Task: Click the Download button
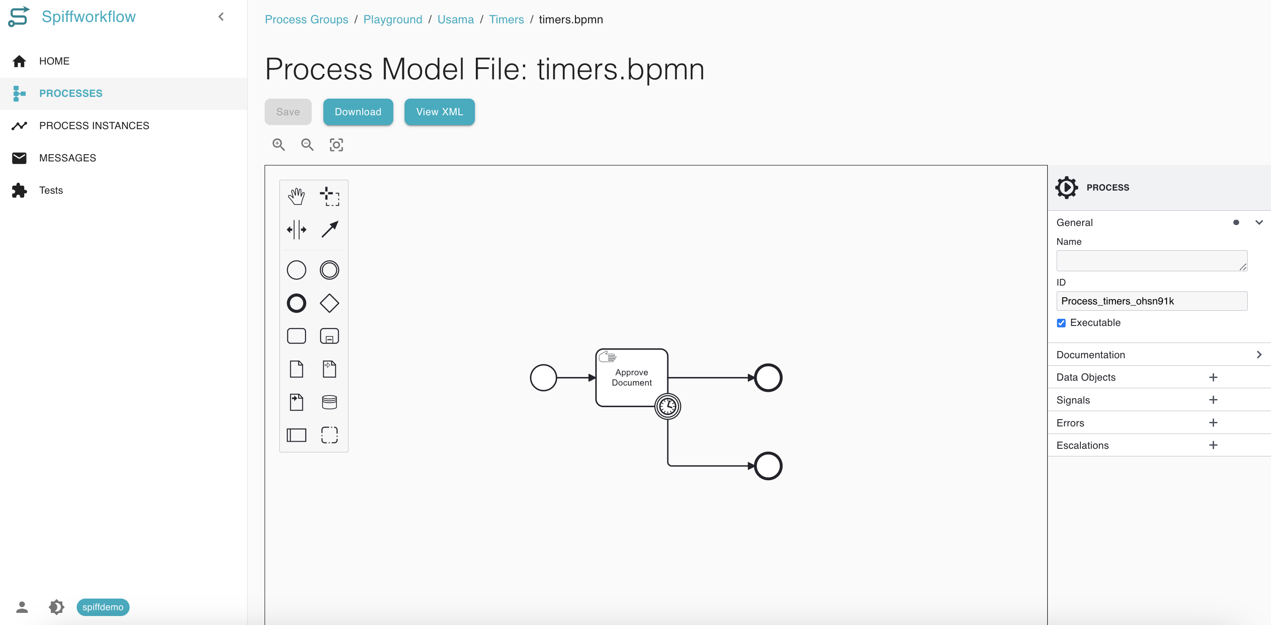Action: pyautogui.click(x=358, y=112)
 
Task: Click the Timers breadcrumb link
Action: pyautogui.click(x=506, y=19)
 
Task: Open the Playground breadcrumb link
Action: pyautogui.click(x=393, y=19)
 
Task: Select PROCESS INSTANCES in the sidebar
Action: pyautogui.click(x=94, y=126)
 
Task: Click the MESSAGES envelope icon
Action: pyautogui.click(x=19, y=158)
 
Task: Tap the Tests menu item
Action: pyautogui.click(x=51, y=191)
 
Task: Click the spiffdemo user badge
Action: pyautogui.click(x=103, y=607)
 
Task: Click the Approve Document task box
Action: pyautogui.click(x=631, y=378)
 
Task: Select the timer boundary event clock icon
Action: pyautogui.click(x=668, y=407)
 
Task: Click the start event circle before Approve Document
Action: pyautogui.click(x=543, y=378)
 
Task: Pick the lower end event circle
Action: pyautogui.click(x=768, y=466)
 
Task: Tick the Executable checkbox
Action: pyautogui.click(x=1061, y=323)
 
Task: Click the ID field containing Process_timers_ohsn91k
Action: pyautogui.click(x=1152, y=301)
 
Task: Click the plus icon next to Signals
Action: pyautogui.click(x=1213, y=399)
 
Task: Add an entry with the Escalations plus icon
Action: pyautogui.click(x=1213, y=445)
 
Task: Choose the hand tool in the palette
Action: pyautogui.click(x=296, y=196)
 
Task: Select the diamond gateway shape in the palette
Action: pyautogui.click(x=329, y=304)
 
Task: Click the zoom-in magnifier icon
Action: pyautogui.click(x=279, y=144)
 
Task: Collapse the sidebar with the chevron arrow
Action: pyautogui.click(x=221, y=17)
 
